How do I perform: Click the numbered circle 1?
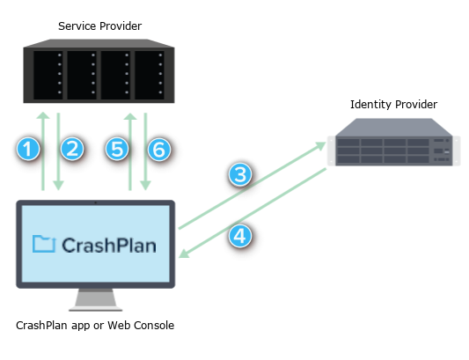(28, 149)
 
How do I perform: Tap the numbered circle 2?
(72, 149)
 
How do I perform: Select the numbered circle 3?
(240, 174)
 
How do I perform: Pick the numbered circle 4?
(240, 236)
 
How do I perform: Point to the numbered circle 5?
(117, 149)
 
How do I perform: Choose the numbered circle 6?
(159, 150)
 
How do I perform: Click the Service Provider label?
(100, 26)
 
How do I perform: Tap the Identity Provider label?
(393, 105)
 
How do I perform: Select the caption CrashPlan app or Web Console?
(95, 326)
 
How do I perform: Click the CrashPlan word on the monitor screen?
(109, 246)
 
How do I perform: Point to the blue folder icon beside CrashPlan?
(44, 244)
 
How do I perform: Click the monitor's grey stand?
(95, 299)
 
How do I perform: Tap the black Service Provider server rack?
(99, 71)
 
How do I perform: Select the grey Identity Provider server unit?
(394, 142)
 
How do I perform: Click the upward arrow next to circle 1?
(43, 151)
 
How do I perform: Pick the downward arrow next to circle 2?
(58, 151)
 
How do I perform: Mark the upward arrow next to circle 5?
(130, 151)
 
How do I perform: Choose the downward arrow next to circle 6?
(145, 151)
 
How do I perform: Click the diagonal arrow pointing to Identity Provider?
(253, 186)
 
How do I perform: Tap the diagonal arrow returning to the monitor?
(253, 213)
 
